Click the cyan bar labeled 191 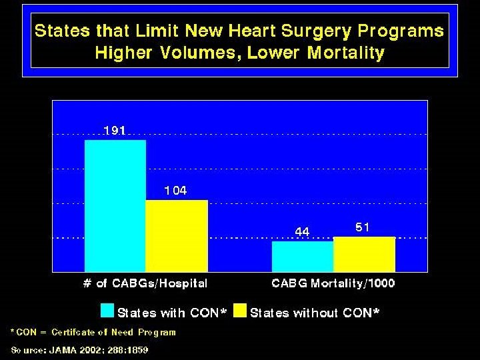pos(115,205)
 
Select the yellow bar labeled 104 pos(177,235)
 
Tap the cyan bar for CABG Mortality pos(302,256)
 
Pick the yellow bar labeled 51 pos(364,254)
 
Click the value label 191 pos(115,131)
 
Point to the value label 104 pos(176,191)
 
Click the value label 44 pos(302,231)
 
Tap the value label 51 pos(363,227)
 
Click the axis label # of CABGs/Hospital pos(145,283)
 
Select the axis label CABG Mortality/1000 pos(333,283)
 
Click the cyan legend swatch pos(107,311)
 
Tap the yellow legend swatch pos(240,311)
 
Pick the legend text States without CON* pos(315,313)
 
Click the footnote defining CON pos(93,332)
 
